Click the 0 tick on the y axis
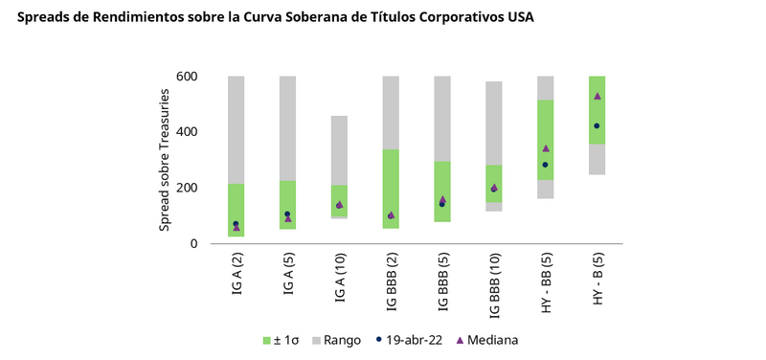[x=193, y=243]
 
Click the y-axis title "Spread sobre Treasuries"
[x=164, y=160]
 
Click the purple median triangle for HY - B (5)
[x=597, y=96]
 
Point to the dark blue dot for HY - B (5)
[x=597, y=126]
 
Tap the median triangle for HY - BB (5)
[x=546, y=148]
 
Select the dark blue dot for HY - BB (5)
[x=546, y=165]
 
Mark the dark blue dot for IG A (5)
[x=287, y=214]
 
